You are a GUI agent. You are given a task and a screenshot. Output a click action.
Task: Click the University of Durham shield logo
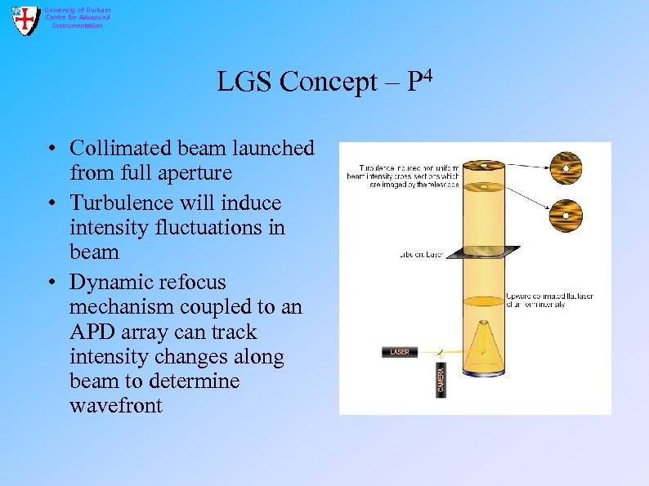pos(25,19)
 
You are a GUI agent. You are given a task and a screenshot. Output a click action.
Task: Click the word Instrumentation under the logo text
pos(78,25)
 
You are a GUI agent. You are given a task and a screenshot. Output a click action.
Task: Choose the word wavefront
pos(116,405)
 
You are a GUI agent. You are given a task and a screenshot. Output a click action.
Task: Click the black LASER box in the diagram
pos(400,352)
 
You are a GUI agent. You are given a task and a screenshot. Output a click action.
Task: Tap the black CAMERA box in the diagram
pos(441,380)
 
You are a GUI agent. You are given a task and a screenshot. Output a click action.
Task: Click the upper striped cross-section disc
pos(566,168)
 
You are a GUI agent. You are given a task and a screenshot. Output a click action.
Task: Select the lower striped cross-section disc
pos(566,216)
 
